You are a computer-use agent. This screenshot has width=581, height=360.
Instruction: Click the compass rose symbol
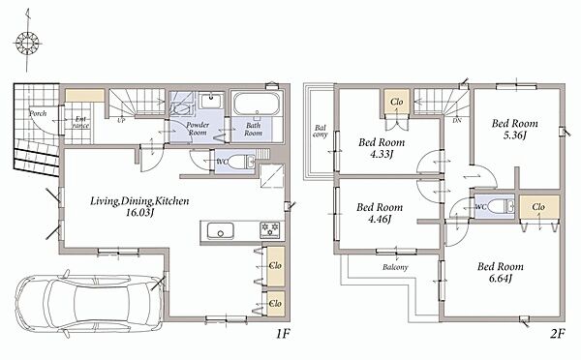27,42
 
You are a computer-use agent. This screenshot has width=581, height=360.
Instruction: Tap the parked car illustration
89,303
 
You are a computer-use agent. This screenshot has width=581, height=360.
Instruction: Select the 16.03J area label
139,213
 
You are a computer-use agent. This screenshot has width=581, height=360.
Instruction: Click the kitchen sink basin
221,230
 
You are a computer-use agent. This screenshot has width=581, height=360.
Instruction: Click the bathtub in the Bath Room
257,104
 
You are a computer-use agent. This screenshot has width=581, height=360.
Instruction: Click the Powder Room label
198,129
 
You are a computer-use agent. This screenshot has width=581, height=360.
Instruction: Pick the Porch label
38,113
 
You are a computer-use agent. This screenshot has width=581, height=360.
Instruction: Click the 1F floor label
283,334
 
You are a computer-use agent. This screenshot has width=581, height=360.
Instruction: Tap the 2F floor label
557,334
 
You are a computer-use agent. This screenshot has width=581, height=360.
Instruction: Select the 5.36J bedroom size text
515,135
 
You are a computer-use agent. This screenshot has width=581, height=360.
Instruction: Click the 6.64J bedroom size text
501,278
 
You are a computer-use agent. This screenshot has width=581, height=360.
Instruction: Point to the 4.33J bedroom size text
382,153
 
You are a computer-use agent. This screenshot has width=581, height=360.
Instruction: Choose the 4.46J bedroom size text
380,219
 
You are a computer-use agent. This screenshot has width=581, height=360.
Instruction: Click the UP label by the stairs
121,121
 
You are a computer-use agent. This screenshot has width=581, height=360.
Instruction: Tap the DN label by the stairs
457,121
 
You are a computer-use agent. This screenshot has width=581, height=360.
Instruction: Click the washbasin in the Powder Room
211,101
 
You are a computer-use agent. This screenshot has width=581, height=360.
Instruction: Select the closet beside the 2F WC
538,207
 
